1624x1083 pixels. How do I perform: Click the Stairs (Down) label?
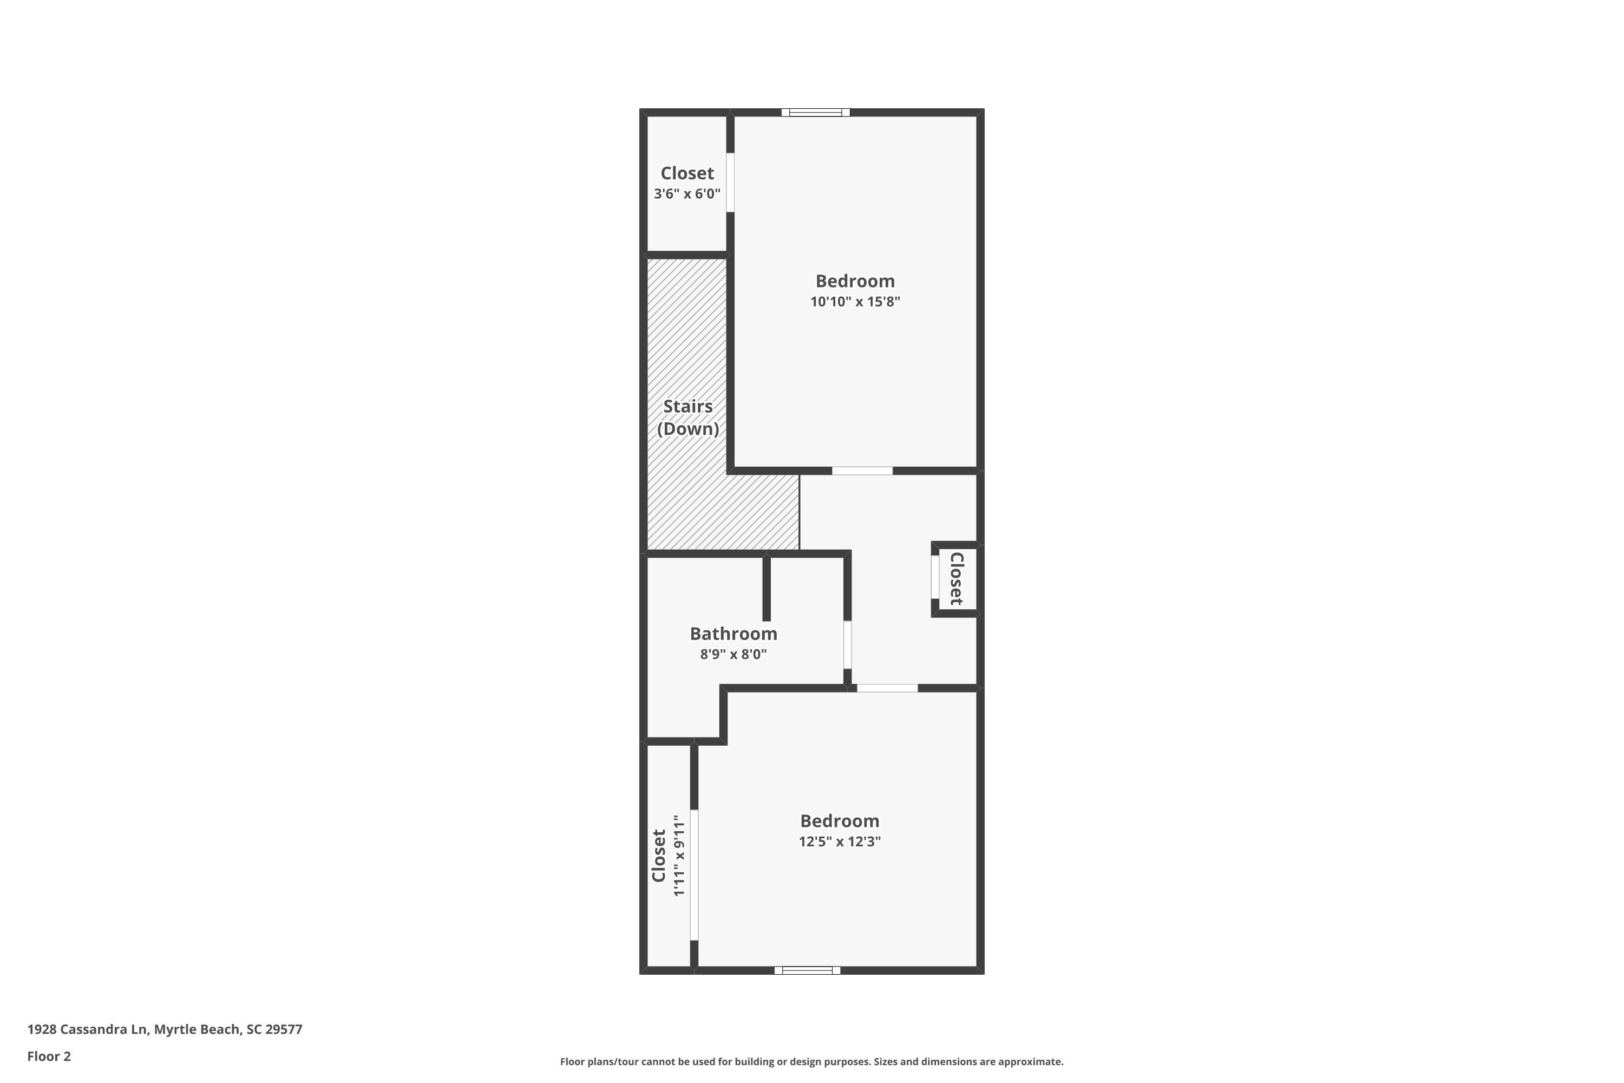click(687, 417)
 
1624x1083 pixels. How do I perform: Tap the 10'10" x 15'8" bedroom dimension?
click(855, 302)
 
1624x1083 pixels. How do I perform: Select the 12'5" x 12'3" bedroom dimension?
click(840, 841)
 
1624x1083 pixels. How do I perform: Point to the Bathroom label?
click(734, 634)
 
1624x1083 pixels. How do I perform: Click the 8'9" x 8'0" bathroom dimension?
click(734, 654)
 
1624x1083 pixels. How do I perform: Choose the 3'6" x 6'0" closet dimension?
click(687, 194)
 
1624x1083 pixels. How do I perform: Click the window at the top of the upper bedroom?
click(815, 113)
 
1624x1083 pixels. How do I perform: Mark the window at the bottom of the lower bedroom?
click(807, 970)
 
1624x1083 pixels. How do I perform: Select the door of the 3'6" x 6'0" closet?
click(730, 182)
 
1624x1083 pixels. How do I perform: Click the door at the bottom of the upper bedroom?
click(862, 471)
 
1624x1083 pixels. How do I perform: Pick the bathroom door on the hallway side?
click(847, 644)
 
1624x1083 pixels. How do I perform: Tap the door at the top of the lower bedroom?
click(887, 688)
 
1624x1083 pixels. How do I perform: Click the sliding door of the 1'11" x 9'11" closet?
click(694, 875)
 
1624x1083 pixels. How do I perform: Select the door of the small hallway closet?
click(935, 577)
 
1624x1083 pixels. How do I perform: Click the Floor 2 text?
click(49, 1056)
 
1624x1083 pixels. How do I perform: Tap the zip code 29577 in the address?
click(284, 1029)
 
